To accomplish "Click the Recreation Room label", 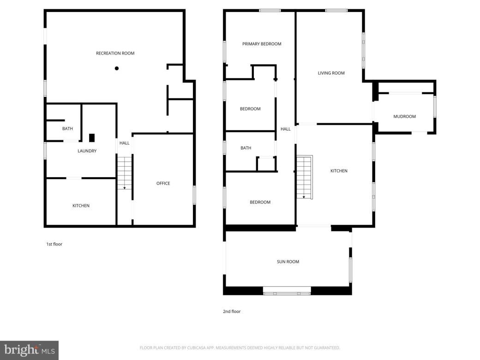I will click(115, 54).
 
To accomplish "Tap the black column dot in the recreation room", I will click(117, 68).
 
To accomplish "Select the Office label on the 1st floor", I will click(163, 184).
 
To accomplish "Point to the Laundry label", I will click(87, 151).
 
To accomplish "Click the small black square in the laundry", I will click(92, 138).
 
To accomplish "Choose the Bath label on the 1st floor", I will click(67, 129).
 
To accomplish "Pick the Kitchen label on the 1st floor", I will click(81, 206).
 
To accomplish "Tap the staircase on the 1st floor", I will click(124, 173).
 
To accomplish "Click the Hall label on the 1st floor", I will click(124, 144).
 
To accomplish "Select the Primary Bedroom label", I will click(262, 44).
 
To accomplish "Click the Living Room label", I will click(331, 73).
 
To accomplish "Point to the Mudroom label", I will click(404, 117).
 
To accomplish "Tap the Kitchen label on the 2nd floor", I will click(338, 171).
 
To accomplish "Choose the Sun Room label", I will click(288, 262).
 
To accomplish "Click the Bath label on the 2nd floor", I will click(246, 148).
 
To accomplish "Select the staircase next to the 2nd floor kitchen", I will click(305, 177).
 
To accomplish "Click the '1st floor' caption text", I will click(54, 244).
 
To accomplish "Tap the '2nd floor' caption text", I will click(232, 312).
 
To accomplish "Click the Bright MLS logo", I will click(29, 350).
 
